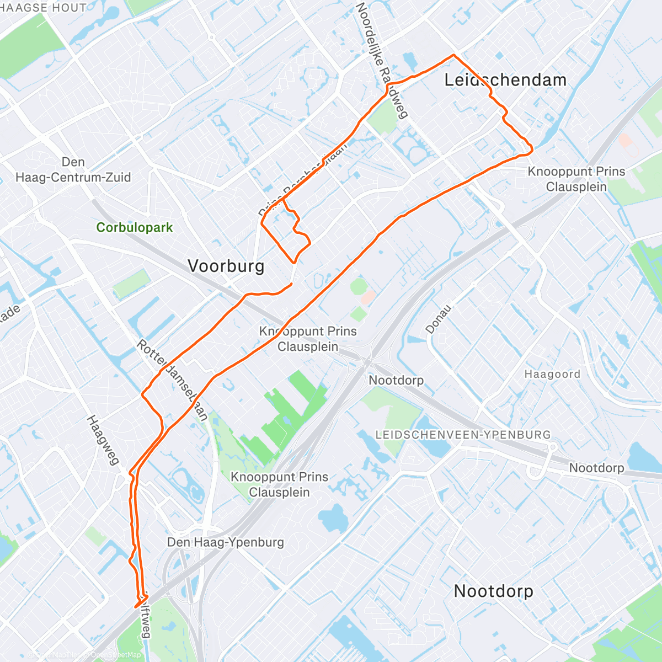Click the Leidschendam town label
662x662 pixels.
505,80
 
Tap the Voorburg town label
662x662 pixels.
226,266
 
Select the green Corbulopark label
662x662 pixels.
134,227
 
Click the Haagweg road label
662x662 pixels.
103,440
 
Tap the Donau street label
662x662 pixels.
438,319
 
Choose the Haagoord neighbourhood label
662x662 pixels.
552,375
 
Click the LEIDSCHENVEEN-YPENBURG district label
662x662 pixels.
463,435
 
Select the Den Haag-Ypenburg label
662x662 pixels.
226,542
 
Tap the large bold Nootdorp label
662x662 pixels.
493,591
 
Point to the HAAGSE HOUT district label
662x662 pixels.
43,8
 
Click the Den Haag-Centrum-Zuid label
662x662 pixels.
73,170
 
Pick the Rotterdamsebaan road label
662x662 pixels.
173,381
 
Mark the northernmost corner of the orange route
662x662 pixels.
453,55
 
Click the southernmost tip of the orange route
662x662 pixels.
136,607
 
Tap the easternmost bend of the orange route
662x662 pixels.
532,148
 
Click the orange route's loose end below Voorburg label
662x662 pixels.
291,284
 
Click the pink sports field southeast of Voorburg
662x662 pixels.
367,298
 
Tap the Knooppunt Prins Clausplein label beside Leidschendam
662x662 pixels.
576,179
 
